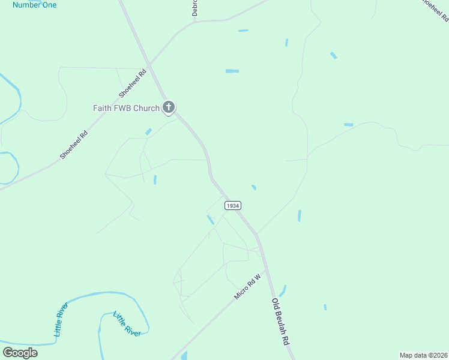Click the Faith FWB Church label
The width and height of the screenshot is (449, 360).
coord(126,108)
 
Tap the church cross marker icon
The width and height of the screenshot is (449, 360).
coord(169,108)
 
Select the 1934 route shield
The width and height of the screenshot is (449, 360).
coord(233,205)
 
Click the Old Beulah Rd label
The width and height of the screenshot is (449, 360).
coord(281,322)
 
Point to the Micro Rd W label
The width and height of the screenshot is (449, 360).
coord(250,287)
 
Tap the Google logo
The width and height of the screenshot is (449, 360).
coord(20,352)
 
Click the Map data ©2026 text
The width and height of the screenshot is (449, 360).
coord(423,355)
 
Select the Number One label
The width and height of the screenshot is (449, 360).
coord(34,5)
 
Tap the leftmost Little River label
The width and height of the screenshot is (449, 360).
coord(62,319)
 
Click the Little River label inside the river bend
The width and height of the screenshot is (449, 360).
coord(127,324)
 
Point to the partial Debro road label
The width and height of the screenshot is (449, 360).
coord(194,7)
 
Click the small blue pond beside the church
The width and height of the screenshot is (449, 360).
coord(148,131)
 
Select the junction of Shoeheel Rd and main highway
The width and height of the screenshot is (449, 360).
coord(151,63)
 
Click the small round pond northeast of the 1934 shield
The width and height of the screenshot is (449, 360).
coord(254,187)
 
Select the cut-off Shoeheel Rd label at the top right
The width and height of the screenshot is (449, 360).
coord(433,11)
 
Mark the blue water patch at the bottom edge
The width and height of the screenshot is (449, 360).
coord(184,355)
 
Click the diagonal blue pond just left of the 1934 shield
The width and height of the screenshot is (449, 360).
coord(210,220)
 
